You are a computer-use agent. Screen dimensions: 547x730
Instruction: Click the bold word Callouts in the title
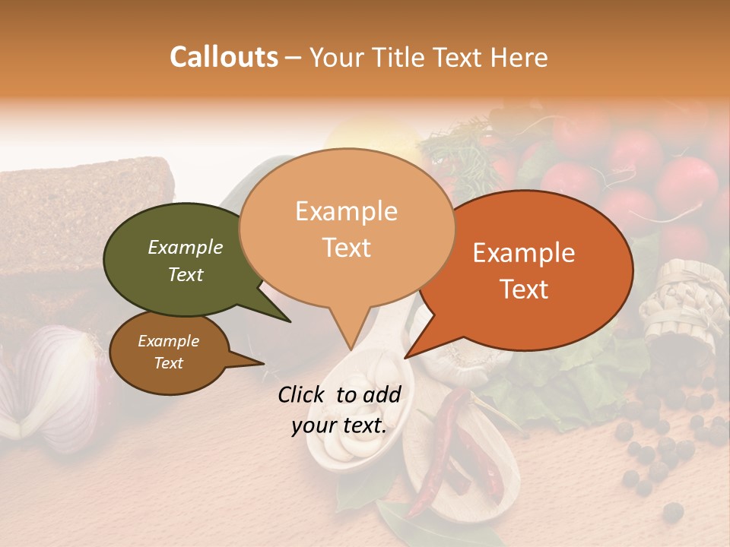click(x=224, y=57)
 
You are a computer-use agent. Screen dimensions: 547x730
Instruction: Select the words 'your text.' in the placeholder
click(x=338, y=425)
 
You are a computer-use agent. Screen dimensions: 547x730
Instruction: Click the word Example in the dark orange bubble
click(x=524, y=253)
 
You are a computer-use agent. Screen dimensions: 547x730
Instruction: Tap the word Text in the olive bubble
click(x=186, y=274)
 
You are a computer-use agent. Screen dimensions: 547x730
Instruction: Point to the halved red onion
click(x=49, y=380)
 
